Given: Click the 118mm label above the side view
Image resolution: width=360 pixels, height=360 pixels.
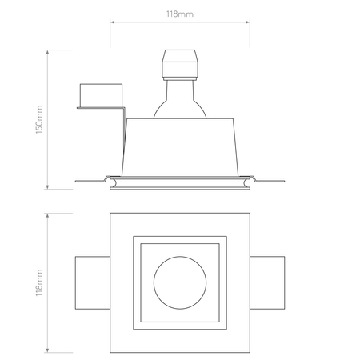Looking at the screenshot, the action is (180, 14).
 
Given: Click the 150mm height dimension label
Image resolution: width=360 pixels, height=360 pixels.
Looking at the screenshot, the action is (39, 119).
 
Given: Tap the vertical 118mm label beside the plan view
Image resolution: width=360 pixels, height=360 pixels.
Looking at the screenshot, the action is (39, 282).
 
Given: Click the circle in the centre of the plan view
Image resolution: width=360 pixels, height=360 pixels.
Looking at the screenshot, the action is (180, 257).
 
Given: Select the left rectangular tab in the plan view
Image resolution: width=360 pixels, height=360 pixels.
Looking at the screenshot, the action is (93, 282).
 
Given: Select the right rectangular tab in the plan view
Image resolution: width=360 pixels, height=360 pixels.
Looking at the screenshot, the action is (267, 282).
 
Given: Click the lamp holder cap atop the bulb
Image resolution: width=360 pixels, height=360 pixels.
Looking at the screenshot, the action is (180, 65).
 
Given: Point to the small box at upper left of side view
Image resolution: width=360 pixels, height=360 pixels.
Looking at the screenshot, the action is (101, 95).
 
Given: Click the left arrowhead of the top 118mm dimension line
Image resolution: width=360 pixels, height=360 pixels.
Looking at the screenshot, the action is (112, 22).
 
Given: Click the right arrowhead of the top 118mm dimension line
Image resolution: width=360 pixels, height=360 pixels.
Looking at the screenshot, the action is (248, 22).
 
